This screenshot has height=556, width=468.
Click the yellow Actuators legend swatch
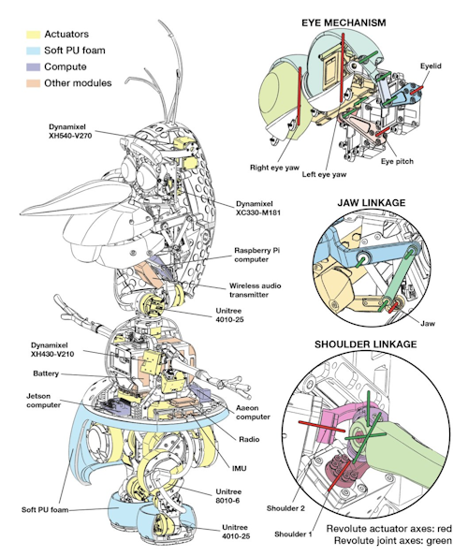point(33,35)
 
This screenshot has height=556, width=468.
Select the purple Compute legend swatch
point(33,67)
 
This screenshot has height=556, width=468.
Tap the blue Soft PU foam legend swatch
point(33,51)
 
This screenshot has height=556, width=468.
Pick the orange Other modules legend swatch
point(33,83)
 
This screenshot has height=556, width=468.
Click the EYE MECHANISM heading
point(344,23)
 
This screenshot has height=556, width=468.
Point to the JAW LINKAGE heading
point(372,203)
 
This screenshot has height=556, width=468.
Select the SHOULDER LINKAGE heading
point(366,344)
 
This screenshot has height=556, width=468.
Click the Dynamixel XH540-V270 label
point(70,131)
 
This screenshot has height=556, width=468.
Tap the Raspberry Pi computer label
point(257,255)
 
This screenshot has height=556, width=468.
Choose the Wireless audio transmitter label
point(255,290)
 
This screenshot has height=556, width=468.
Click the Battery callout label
point(46,373)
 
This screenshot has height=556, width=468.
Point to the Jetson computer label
point(43,401)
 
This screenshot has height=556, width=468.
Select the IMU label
point(239,468)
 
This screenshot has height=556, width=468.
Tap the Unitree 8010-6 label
point(228,496)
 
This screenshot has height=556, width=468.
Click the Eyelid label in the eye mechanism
point(431,66)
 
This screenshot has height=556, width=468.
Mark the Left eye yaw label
point(324,174)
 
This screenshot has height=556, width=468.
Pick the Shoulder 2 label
point(285,508)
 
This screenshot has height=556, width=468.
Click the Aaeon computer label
point(253,413)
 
